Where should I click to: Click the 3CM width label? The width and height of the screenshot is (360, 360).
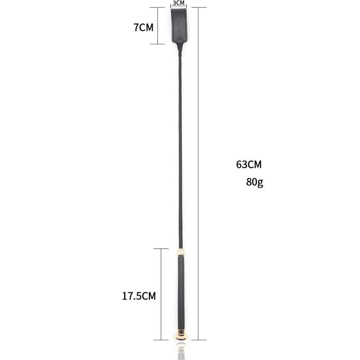(179, 3)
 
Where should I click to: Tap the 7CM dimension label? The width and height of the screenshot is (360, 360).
(144, 27)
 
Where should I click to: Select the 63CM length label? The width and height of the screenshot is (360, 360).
(249, 165)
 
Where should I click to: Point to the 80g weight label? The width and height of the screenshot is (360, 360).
(255, 182)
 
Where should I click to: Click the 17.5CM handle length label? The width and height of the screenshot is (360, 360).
(139, 296)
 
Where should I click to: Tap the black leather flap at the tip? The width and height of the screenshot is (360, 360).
(179, 25)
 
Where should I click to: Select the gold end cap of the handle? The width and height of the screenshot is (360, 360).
(181, 335)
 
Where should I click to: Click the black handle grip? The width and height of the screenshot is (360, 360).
(181, 293)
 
